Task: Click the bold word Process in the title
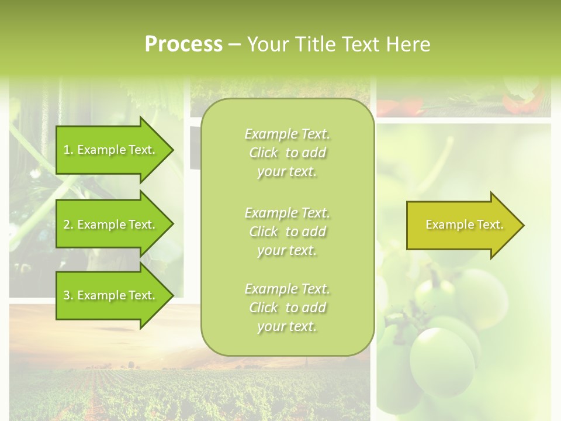point(183,44)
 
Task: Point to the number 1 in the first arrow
point(67,150)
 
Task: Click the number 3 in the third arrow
point(67,296)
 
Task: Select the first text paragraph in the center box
point(287,153)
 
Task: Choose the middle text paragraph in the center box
point(287,232)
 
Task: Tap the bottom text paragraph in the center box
point(287,308)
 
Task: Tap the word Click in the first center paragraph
point(264,153)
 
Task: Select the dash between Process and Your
point(234,45)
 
